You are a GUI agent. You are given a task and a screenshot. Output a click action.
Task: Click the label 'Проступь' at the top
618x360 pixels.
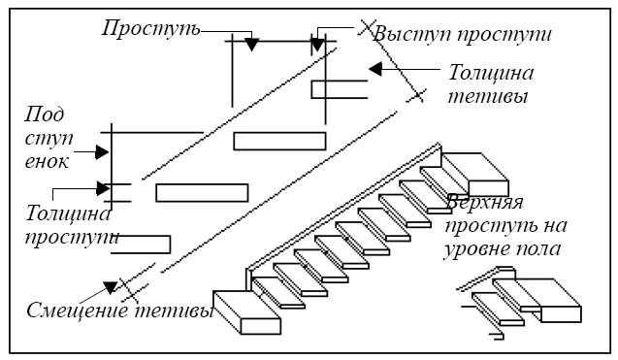(150, 27)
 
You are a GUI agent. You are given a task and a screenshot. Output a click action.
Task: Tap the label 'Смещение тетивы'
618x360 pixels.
(120, 312)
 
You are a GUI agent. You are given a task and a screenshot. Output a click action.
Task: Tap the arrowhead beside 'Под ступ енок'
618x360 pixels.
(101, 151)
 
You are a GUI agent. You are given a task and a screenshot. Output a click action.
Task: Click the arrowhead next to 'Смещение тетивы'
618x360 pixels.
(112, 287)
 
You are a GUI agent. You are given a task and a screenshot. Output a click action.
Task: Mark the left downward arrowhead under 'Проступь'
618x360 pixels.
(251, 44)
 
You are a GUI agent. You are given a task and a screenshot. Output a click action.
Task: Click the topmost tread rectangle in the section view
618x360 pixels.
(339, 89)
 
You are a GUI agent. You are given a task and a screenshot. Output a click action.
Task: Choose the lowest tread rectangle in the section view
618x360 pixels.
(141, 244)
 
